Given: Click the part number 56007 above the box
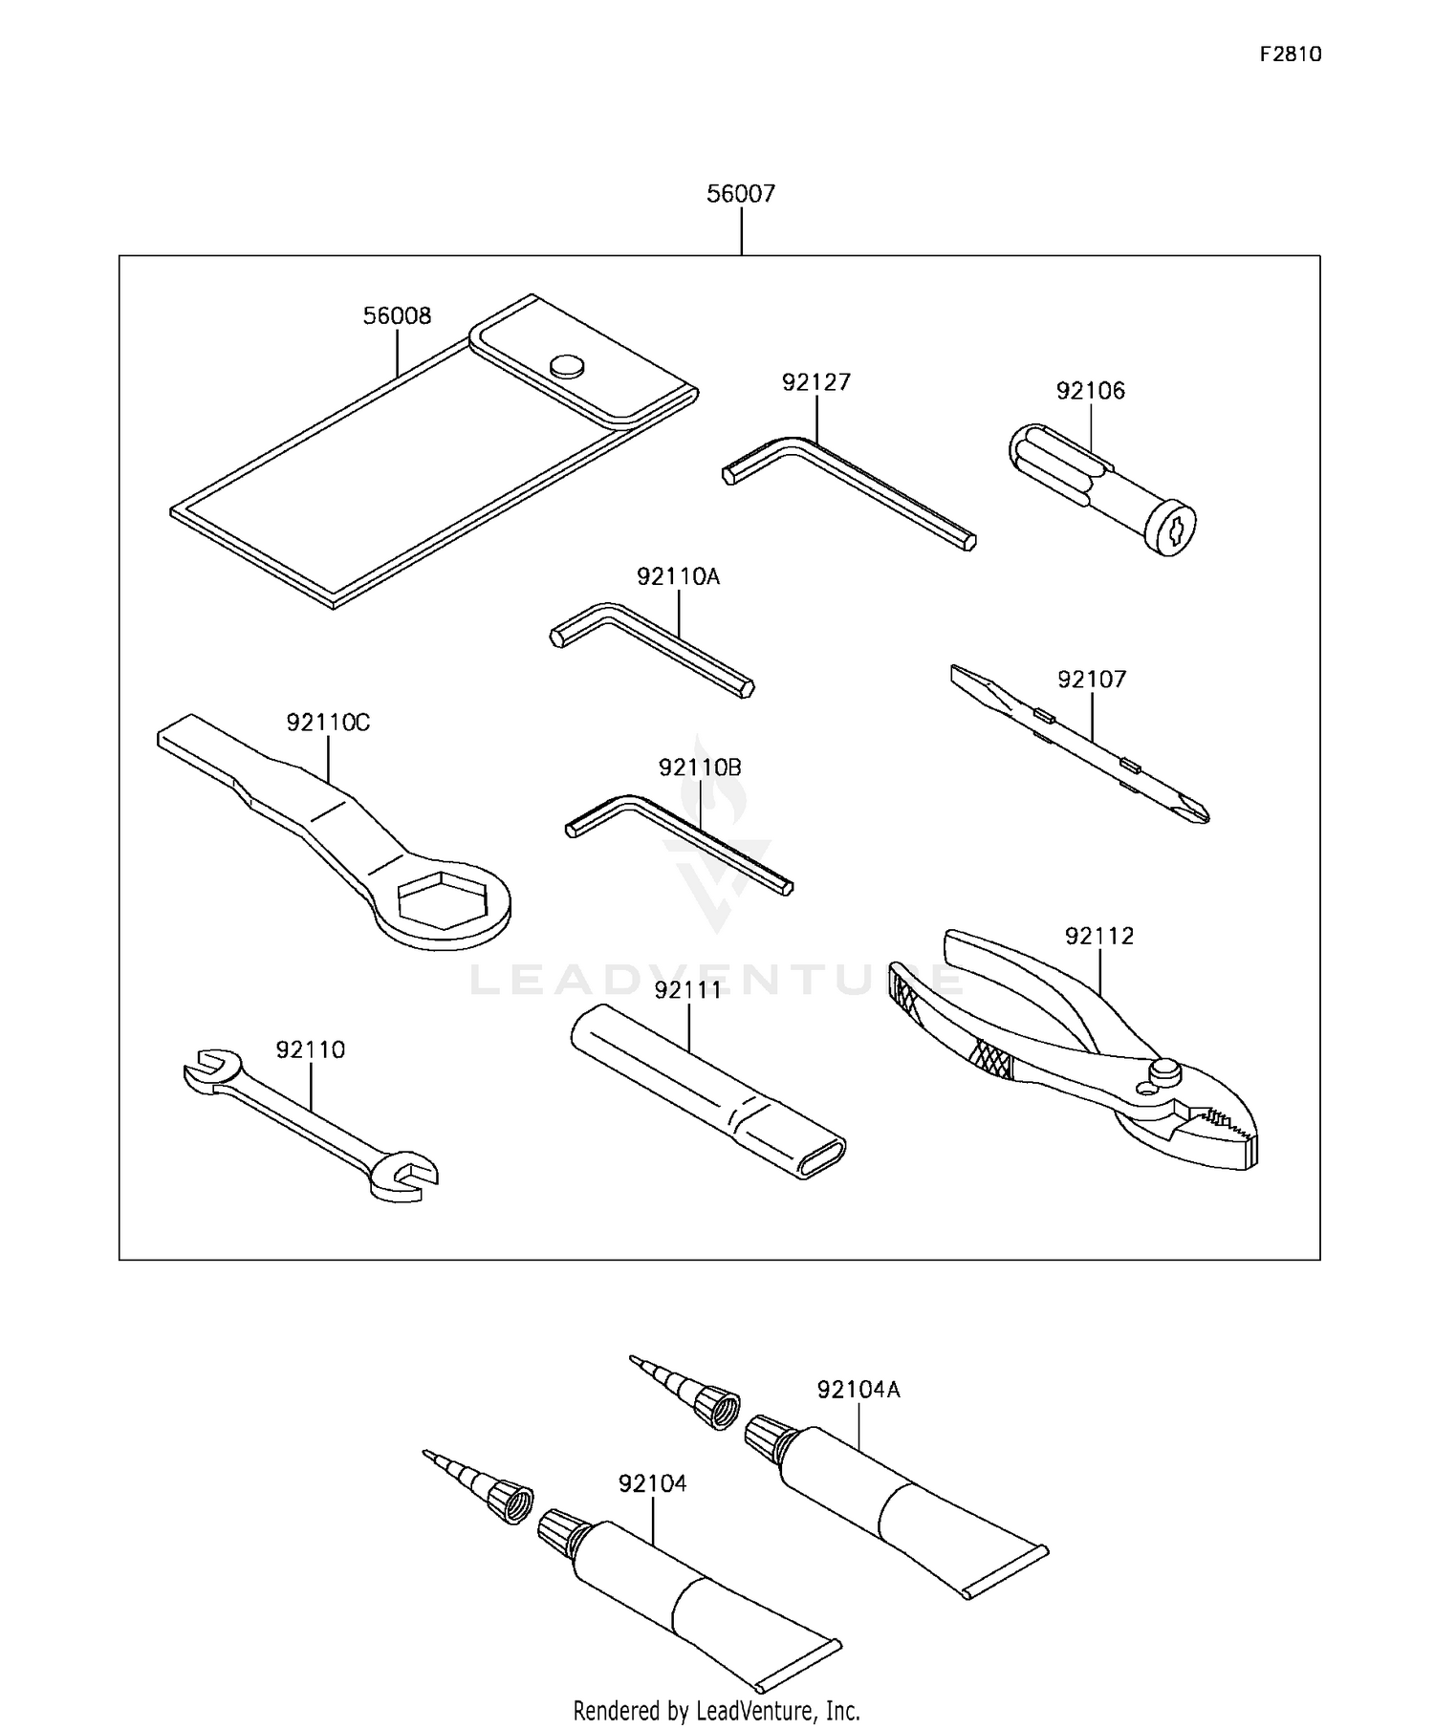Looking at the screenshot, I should pyautogui.click(x=740, y=194).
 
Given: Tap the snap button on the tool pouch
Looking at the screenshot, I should pyautogui.click(x=567, y=365).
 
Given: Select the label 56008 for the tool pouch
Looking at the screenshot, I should pyautogui.click(x=397, y=315).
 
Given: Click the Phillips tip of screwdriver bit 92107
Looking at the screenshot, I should pyautogui.click(x=1190, y=808).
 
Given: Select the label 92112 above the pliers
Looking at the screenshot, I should pyautogui.click(x=1099, y=936).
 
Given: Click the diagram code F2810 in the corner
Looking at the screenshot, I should pyautogui.click(x=1290, y=54).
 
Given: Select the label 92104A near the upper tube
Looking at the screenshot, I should pyautogui.click(x=858, y=1390).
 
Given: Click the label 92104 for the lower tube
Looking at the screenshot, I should pyautogui.click(x=652, y=1483).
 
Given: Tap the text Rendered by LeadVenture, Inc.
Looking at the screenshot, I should pyautogui.click(x=716, y=1709).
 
